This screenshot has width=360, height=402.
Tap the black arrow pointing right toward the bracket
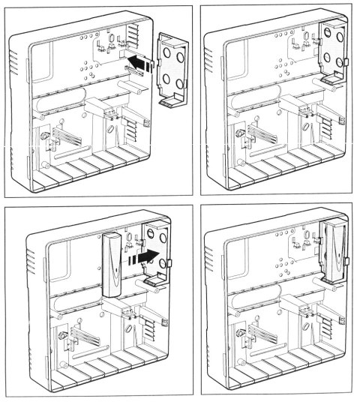[147, 258]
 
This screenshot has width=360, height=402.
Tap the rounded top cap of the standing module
[112, 238]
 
